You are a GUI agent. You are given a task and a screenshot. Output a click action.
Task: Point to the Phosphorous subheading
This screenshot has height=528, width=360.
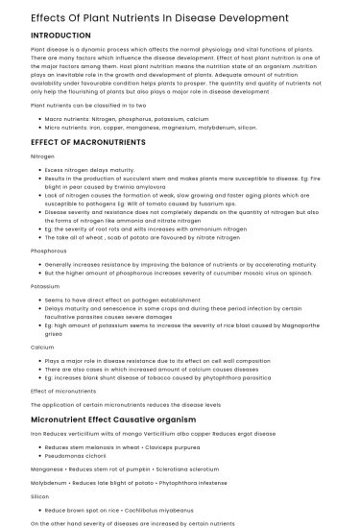click(x=49, y=251)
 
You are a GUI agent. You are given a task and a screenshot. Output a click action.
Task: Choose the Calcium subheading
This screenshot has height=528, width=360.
click(x=42, y=347)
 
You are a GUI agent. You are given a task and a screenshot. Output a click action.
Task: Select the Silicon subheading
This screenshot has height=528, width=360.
click(x=40, y=496)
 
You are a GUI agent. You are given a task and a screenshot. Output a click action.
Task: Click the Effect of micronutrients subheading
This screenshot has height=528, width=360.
click(x=63, y=391)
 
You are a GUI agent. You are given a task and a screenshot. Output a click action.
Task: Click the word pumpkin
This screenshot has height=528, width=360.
click(x=132, y=468)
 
